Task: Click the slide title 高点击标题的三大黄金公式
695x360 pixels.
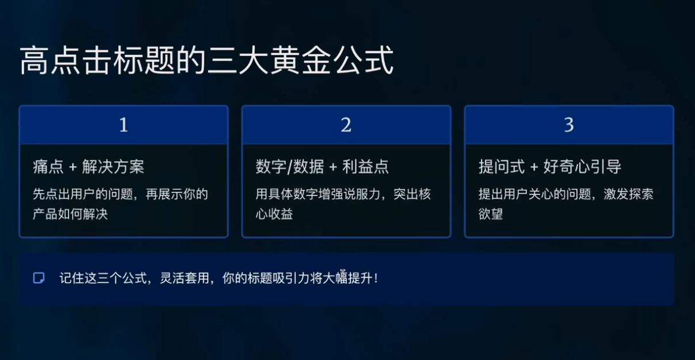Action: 206,61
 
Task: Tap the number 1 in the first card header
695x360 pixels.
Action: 123,125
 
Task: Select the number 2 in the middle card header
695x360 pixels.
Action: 346,125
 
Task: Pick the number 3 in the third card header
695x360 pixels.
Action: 569,125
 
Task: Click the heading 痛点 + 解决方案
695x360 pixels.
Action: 89,167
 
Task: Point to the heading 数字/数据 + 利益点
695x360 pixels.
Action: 322,167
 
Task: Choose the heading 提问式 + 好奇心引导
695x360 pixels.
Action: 550,167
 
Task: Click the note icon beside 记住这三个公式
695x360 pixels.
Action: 39,278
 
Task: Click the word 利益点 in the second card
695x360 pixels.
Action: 366,167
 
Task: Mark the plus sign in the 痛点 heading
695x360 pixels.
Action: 72,167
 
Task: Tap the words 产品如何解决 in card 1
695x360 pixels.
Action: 70,215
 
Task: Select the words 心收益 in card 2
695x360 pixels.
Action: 274,215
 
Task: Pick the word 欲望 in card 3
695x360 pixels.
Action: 490,215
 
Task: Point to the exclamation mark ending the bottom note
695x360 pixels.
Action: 376,279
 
